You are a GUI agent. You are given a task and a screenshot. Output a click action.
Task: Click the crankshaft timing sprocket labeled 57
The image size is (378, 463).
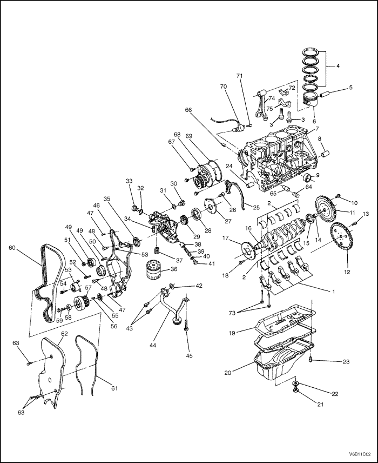tap(80, 304)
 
